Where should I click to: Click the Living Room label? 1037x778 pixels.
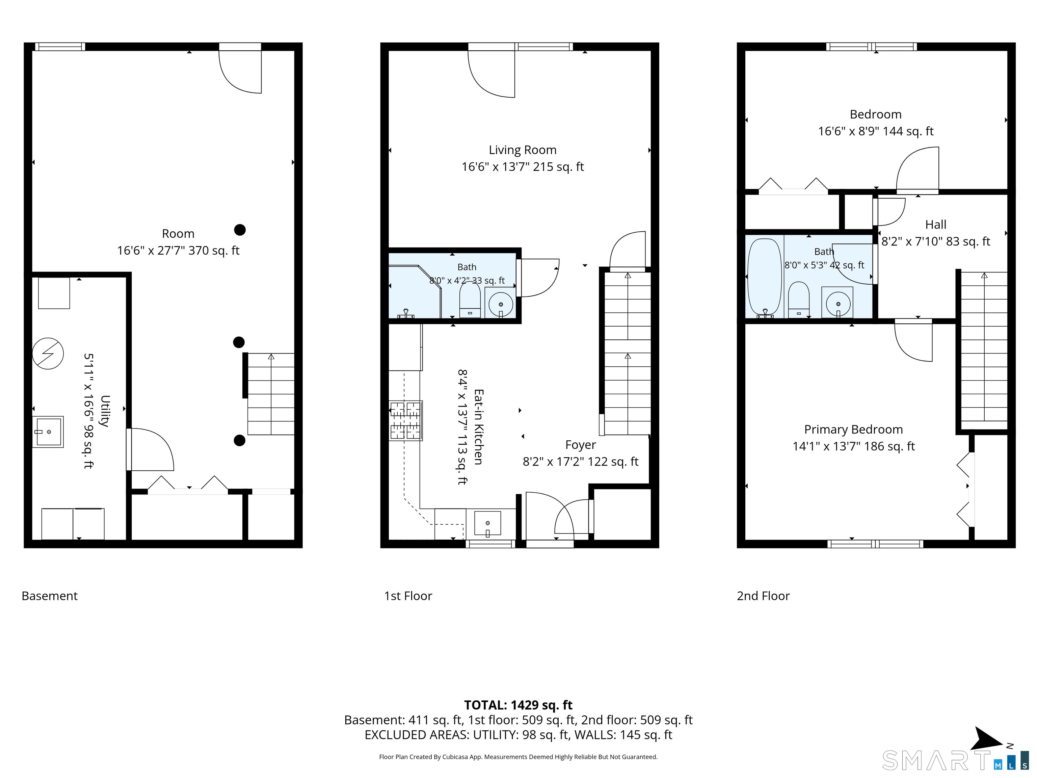pos(523,150)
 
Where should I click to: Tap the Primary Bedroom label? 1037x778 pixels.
pos(853,430)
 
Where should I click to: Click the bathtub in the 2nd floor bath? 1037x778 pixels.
pos(765,277)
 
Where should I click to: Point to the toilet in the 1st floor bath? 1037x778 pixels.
pos(470,300)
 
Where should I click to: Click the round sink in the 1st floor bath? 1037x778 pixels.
pos(501,304)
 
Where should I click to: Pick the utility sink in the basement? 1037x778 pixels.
pos(48,432)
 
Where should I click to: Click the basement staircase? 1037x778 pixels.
pos(271,394)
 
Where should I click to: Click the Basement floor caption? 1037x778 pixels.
pos(50,596)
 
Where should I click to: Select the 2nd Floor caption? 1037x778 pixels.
pos(763,596)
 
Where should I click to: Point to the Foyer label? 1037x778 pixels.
pos(580,445)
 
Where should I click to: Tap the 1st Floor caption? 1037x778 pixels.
pos(408,596)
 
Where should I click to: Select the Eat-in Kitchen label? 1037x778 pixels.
pos(479,427)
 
